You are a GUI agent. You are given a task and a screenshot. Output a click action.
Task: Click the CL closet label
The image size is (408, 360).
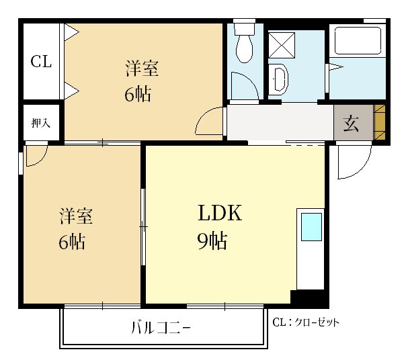41,62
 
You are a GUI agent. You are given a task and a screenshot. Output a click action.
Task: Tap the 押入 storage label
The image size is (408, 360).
40,123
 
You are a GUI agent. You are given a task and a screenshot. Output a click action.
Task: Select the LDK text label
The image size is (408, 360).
220,213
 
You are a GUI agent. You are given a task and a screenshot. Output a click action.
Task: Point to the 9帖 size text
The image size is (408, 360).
212,240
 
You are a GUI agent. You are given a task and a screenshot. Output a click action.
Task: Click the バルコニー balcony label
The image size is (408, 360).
161,328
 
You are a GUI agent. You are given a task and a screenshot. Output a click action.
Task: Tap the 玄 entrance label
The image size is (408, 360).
351,123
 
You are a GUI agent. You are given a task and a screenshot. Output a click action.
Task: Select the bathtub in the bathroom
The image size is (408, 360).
358,40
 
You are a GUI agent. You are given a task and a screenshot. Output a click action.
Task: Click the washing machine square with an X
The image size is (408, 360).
282,45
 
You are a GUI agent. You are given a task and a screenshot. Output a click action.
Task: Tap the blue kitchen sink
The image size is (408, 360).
311,227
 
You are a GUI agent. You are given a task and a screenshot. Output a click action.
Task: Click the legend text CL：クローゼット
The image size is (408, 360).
306,322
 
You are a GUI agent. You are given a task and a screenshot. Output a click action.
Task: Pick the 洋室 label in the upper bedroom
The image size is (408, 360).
142,68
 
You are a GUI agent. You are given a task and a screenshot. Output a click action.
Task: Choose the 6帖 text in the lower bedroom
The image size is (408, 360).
72,242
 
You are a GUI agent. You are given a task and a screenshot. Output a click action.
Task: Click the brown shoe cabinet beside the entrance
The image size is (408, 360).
379,122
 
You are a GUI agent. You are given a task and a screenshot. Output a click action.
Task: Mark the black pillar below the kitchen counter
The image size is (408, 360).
309,298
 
